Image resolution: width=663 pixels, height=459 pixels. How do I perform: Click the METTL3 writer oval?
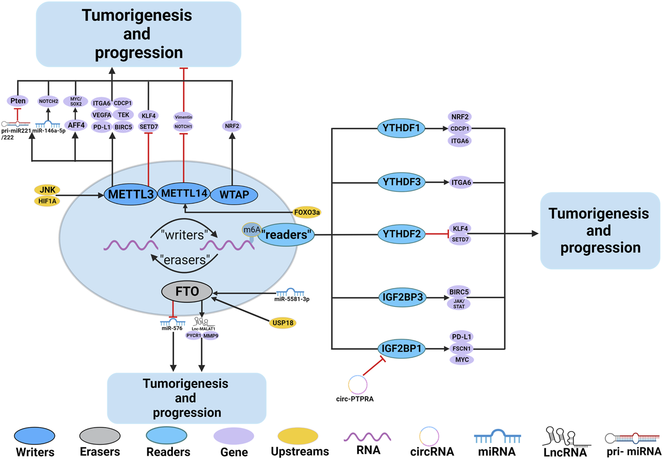[131, 194]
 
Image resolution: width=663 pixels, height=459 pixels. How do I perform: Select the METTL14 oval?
[184, 194]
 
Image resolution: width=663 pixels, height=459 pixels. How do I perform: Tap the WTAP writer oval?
[234, 195]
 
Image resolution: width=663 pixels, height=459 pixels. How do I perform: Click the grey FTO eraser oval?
[187, 291]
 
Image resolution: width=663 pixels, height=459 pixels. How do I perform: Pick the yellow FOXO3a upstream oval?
[307, 212]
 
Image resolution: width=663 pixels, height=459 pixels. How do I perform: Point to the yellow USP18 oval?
[283, 323]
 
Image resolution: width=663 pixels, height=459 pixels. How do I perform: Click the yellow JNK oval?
[47, 190]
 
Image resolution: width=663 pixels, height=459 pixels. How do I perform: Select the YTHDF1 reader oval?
[401, 128]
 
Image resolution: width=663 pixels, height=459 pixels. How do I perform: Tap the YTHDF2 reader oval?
[401, 234]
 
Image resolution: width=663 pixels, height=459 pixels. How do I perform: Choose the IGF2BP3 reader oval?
[402, 297]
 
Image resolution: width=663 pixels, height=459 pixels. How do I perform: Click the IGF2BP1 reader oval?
[401, 348]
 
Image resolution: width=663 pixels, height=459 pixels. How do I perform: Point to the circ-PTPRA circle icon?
[357, 385]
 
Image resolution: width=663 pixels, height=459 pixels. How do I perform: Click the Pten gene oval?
[18, 101]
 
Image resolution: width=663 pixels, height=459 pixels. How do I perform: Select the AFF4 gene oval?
[76, 125]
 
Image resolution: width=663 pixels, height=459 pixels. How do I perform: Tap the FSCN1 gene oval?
[461, 348]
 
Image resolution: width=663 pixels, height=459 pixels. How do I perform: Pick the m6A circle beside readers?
[252, 230]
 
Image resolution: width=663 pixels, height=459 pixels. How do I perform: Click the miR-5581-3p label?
[292, 299]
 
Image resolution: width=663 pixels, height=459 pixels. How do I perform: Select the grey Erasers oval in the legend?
[100, 436]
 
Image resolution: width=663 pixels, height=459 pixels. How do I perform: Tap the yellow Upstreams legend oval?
[298, 436]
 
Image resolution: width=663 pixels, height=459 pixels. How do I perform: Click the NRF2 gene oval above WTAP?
[232, 126]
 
